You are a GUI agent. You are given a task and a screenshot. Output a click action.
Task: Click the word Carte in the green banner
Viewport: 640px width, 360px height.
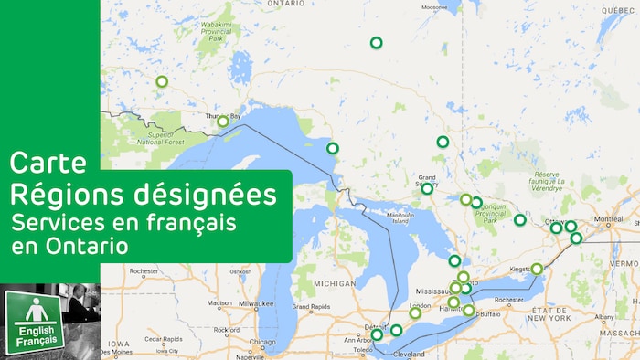point(48,164)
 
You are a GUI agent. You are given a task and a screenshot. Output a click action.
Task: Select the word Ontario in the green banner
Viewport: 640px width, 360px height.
point(89,247)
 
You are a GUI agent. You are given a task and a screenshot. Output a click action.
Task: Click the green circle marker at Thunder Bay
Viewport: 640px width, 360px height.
point(222,122)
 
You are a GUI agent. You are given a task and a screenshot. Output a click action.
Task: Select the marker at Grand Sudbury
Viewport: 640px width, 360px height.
point(427,189)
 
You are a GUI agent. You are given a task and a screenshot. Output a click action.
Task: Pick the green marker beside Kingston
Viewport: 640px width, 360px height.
point(537,269)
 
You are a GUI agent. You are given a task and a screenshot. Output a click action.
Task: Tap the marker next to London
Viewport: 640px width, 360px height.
point(414,313)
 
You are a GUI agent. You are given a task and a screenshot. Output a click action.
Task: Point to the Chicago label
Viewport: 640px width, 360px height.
point(263,343)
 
